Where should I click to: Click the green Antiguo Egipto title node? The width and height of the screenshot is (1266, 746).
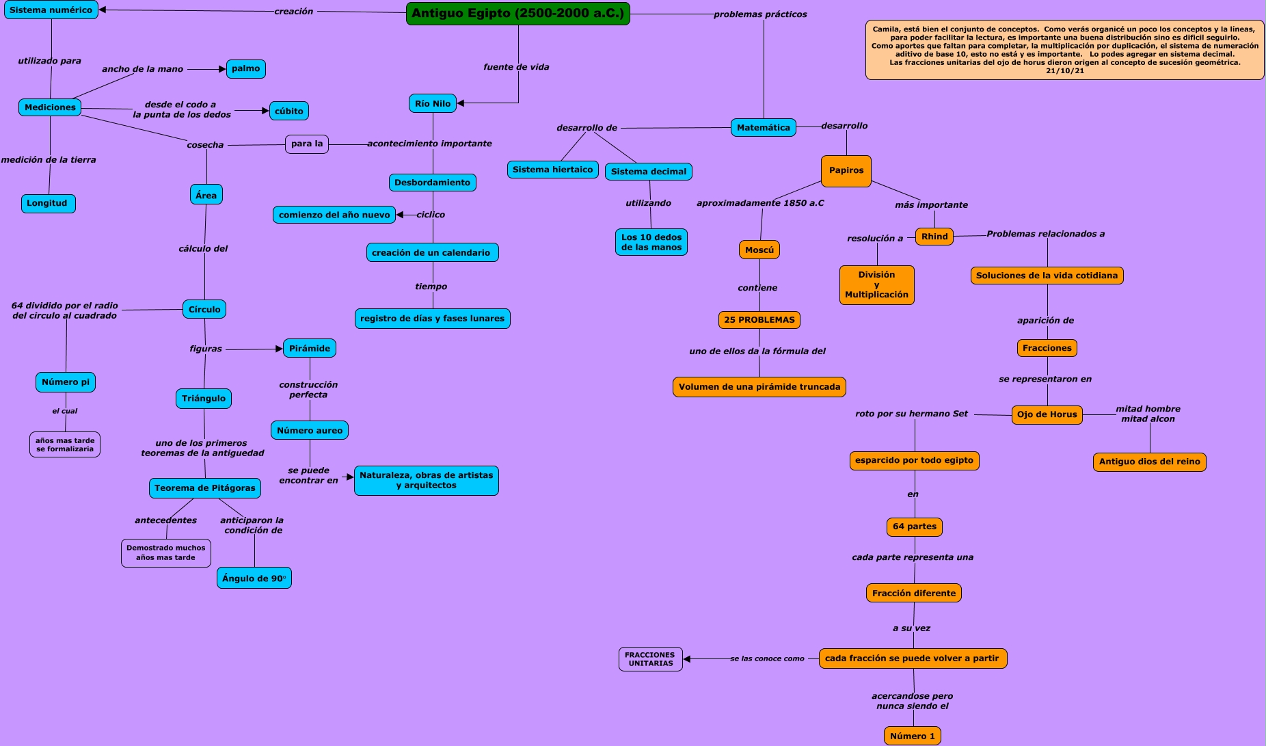517,14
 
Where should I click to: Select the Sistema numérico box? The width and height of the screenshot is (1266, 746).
51,10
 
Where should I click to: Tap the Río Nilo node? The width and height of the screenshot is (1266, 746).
433,104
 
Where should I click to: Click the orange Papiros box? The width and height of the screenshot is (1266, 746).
846,171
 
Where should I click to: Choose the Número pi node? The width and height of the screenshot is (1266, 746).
66,382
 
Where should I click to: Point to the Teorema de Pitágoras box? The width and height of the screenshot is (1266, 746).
205,488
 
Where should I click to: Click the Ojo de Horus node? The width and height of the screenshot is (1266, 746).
1047,414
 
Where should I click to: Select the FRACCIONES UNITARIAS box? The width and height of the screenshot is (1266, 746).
651,659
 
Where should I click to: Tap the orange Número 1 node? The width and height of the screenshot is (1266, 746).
913,736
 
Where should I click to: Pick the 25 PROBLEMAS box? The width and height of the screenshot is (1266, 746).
759,320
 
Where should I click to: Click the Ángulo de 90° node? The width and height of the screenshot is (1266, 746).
254,578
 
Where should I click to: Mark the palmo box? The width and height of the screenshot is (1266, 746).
246,69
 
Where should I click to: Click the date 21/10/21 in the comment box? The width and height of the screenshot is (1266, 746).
1065,71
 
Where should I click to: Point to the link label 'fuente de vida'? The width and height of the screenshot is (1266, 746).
516,67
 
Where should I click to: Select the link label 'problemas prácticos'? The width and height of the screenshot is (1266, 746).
760,14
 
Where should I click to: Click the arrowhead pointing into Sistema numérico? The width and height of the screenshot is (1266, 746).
103,10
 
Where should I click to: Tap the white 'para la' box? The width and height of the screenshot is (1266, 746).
307,144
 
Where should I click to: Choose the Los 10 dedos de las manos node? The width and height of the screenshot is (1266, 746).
651,242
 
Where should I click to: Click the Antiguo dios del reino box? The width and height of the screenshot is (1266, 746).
1150,462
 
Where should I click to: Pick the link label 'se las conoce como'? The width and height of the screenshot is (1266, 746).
767,659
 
